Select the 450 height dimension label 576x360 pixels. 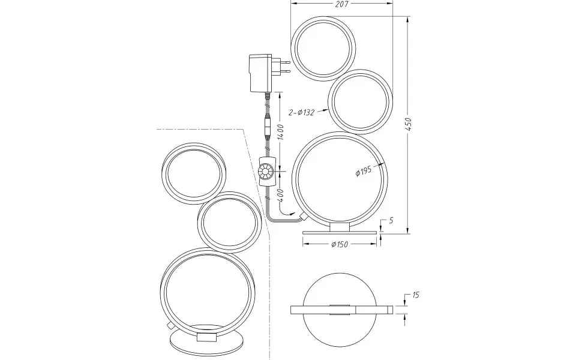[408, 125]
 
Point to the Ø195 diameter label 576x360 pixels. [364, 170]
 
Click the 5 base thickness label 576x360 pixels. [391, 221]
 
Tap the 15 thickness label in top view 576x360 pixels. [415, 295]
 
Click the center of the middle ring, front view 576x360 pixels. [360, 101]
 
